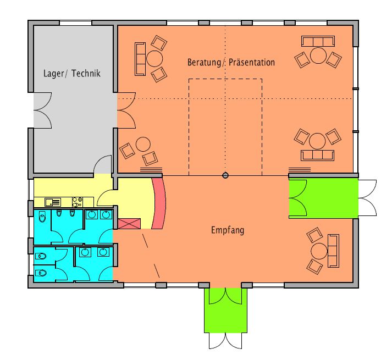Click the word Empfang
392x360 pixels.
[x=228, y=230]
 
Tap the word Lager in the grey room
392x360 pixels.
[x=53, y=74]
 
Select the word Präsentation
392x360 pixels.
[x=252, y=62]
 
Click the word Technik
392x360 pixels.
[x=86, y=73]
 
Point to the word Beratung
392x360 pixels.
[x=204, y=63]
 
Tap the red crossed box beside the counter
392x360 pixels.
[x=129, y=224]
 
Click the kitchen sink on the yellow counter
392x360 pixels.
[x=53, y=202]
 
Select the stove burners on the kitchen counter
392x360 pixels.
[x=78, y=202]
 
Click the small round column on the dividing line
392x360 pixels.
[x=225, y=175]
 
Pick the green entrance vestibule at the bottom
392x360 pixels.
[x=226, y=311]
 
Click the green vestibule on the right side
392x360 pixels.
[x=323, y=198]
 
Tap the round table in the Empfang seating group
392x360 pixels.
[x=319, y=251]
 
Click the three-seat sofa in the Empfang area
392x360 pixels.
[x=333, y=251]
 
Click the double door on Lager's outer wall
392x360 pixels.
[x=43, y=110]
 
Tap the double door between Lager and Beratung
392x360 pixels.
[x=126, y=110]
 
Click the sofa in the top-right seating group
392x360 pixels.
[x=318, y=41]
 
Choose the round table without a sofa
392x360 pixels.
[x=143, y=144]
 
